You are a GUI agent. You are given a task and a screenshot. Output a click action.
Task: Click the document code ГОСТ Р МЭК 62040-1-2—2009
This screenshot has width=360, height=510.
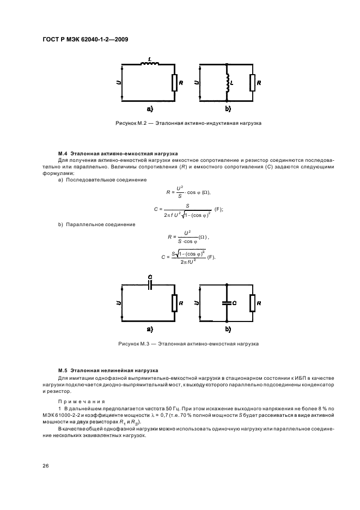[81, 40]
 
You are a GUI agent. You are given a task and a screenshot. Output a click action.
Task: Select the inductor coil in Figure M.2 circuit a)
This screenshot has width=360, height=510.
[149, 64]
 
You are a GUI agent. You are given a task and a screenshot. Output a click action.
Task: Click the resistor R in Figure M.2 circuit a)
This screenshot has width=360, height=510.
[174, 83]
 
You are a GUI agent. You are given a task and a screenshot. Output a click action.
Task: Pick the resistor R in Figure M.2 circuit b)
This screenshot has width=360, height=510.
[252, 83]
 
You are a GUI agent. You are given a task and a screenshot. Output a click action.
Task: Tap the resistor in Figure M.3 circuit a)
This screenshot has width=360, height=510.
[174, 303]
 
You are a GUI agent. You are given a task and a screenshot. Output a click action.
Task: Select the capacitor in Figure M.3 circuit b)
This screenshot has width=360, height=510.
[226, 303]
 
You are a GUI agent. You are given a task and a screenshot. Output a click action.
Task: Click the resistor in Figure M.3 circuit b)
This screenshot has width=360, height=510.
[252, 303]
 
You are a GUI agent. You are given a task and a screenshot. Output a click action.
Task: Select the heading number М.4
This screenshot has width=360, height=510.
[62, 154]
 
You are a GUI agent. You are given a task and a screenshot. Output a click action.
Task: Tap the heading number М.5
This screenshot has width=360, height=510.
[62, 369]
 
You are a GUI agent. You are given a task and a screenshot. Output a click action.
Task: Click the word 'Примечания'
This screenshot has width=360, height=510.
[75, 400]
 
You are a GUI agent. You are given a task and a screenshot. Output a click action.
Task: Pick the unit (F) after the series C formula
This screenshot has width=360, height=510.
[219, 209]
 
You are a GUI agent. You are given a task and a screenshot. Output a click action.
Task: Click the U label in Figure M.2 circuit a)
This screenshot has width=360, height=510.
[119, 83]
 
